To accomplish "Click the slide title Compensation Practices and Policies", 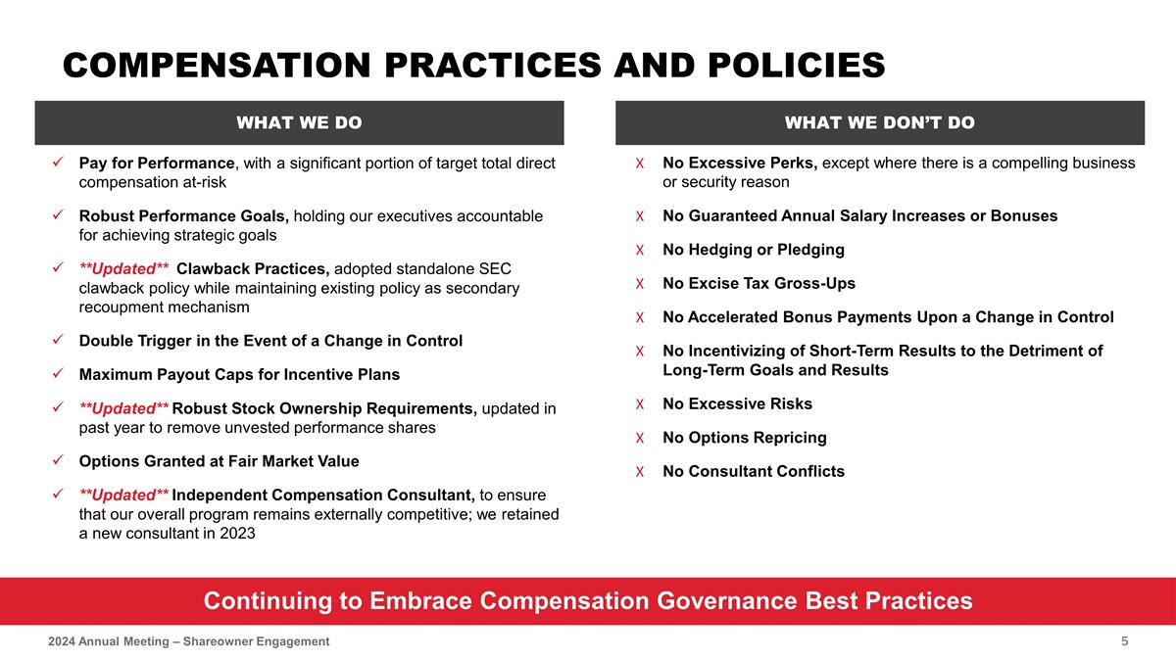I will [473, 66].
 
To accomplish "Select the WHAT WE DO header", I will [299, 122].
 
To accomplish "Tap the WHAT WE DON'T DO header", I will [879, 122].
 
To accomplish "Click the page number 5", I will [1125, 640].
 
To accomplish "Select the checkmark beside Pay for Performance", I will [59, 163].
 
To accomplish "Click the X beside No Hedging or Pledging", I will [639, 250].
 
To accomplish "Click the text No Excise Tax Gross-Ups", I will [759, 284].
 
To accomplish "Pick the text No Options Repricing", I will [744, 438].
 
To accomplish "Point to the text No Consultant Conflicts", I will [753, 472].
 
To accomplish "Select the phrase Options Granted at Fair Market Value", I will [219, 461].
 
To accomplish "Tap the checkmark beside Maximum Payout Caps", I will [59, 375].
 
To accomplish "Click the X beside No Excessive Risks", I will [639, 404].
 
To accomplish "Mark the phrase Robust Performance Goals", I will [183, 216].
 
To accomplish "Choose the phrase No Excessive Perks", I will [740, 163].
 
